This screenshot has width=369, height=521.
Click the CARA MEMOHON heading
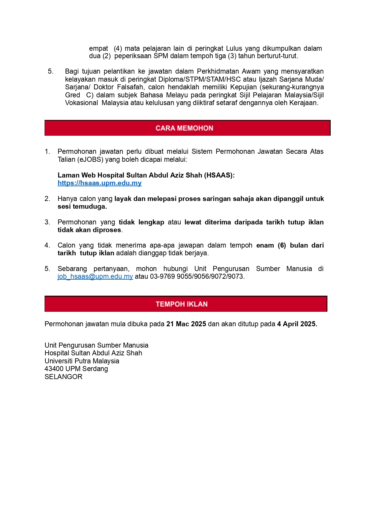pyautogui.click(x=184, y=128)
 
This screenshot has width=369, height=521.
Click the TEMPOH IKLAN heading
pyautogui.click(x=182, y=304)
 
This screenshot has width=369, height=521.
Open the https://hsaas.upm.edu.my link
pyautogui.click(x=100, y=183)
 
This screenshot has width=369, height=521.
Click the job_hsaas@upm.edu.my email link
pyautogui.click(x=95, y=277)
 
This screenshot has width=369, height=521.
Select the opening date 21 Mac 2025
pyautogui.click(x=186, y=324)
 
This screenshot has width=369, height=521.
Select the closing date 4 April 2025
pyautogui.click(x=297, y=324)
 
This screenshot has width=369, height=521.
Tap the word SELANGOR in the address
pyautogui.click(x=63, y=377)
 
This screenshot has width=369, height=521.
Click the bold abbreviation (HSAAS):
pyautogui.click(x=219, y=175)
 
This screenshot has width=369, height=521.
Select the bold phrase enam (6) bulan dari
pyautogui.click(x=290, y=245)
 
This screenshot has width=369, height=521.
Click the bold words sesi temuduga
pyautogui.click(x=82, y=207)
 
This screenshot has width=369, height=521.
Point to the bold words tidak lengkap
pyautogui.click(x=141, y=222)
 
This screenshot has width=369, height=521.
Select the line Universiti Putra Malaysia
pyautogui.click(x=82, y=361)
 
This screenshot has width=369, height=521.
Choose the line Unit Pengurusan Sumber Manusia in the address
pyautogui.click(x=96, y=345)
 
